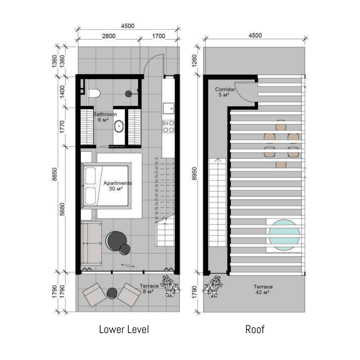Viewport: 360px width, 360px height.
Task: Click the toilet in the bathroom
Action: pos(94,94)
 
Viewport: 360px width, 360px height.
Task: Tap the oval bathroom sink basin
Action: pos(119,126)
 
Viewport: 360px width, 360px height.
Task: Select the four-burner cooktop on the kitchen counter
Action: pos(168,126)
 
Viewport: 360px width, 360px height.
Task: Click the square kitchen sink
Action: pos(168,108)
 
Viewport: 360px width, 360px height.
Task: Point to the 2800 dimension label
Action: pos(109,36)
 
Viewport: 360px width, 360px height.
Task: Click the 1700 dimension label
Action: pos(159,36)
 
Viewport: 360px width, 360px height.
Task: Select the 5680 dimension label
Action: pos(62,209)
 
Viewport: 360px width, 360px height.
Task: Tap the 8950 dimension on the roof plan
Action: pos(194,174)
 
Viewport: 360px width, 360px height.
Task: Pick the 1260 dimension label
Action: pos(194,61)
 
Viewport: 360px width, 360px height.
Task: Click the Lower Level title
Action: pos(124,329)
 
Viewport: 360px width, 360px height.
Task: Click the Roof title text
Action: pos(255,329)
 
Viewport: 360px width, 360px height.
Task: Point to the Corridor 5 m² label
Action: pos(225,92)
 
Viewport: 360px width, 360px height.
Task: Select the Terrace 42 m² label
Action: pos(263,289)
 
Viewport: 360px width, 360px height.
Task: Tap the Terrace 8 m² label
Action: pos(149,288)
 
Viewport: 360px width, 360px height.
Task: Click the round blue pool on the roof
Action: pos(284,235)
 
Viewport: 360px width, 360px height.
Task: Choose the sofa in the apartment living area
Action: pos(91,243)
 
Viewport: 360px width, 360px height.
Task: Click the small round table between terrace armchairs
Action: pos(112,293)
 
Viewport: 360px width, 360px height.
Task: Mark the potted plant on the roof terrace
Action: pos(212,286)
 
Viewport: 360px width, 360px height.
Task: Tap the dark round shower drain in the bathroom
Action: pos(128,94)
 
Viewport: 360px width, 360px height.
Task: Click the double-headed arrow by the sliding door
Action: pos(128,265)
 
